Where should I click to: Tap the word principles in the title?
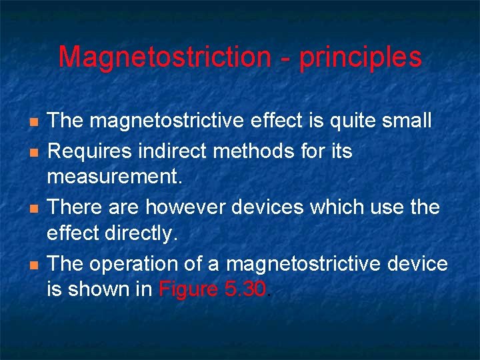(x=361, y=58)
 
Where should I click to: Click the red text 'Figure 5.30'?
(x=213, y=289)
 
